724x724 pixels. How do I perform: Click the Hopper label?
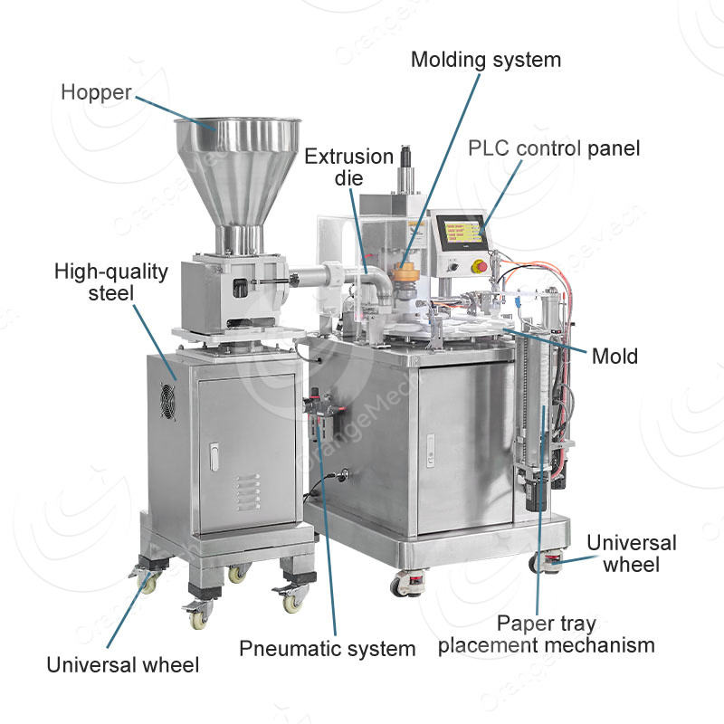[96, 92]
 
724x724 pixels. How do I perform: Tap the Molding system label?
[486, 60]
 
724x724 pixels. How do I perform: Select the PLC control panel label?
[554, 148]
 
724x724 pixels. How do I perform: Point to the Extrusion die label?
[349, 167]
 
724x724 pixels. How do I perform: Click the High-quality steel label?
[110, 282]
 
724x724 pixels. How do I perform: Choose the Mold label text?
[615, 357]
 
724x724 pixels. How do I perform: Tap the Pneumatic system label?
[328, 649]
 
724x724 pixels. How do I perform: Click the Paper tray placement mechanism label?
[547, 634]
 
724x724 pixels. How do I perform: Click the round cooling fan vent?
[167, 401]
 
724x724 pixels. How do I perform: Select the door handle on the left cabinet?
[214, 457]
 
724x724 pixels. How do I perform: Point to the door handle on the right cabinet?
[430, 450]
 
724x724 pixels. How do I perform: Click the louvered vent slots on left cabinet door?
[247, 492]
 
